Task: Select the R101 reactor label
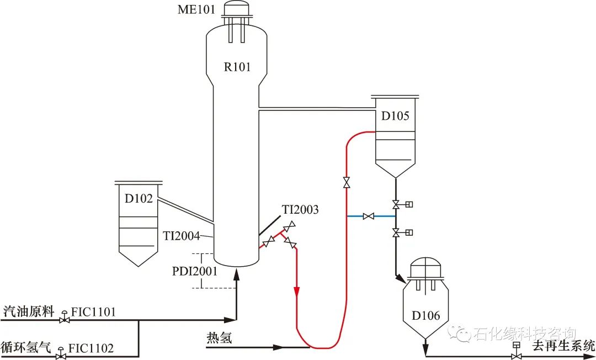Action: click(237, 67)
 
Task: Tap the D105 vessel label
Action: click(395, 116)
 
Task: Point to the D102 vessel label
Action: click(139, 199)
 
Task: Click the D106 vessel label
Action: click(425, 316)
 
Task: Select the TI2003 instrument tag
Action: click(301, 210)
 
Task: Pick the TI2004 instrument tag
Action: click(181, 236)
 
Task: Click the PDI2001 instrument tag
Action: click(195, 271)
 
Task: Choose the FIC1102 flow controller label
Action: click(91, 348)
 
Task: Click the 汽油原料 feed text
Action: click(28, 312)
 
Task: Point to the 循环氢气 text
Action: click(26, 348)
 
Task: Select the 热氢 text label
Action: click(219, 337)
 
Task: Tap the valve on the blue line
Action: click(369, 216)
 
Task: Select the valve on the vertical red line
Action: click(347, 183)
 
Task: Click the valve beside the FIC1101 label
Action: click(65, 319)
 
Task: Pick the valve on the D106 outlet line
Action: click(516, 356)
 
